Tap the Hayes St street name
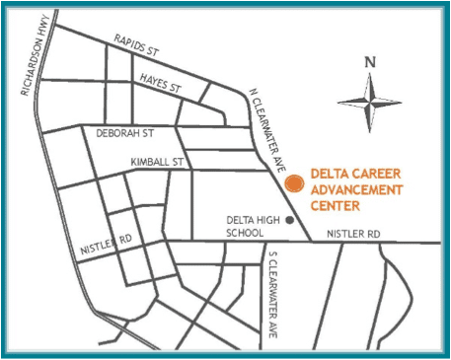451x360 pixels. pos(162,81)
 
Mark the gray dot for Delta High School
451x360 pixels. pos(289,220)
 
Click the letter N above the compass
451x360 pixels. pos(370,62)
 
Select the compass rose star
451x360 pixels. pos(369,102)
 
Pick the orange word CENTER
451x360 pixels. pos(335,206)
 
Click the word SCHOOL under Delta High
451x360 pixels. pos(244,234)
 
